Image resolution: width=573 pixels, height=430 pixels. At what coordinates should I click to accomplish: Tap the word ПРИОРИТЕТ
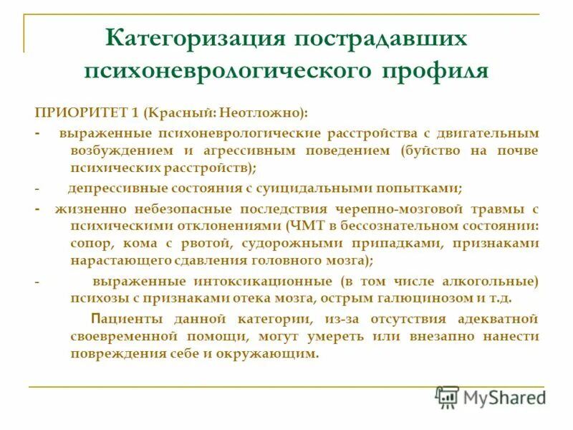(x=77, y=113)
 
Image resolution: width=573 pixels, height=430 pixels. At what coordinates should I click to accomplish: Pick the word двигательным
(x=488, y=133)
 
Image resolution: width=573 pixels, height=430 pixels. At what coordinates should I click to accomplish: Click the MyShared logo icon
(x=447, y=397)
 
